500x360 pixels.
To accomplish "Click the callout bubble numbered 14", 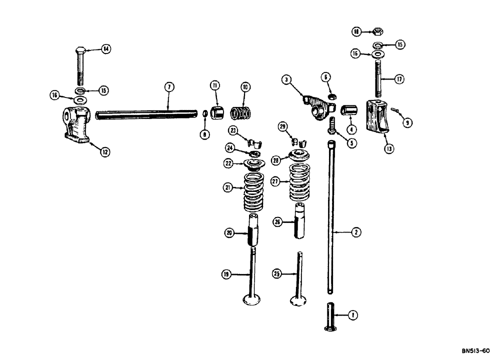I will [x=105, y=49].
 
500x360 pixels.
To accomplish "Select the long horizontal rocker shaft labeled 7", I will [x=145, y=115].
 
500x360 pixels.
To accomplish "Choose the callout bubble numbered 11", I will [x=214, y=86].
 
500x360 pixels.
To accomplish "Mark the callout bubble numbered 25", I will [x=276, y=273].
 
